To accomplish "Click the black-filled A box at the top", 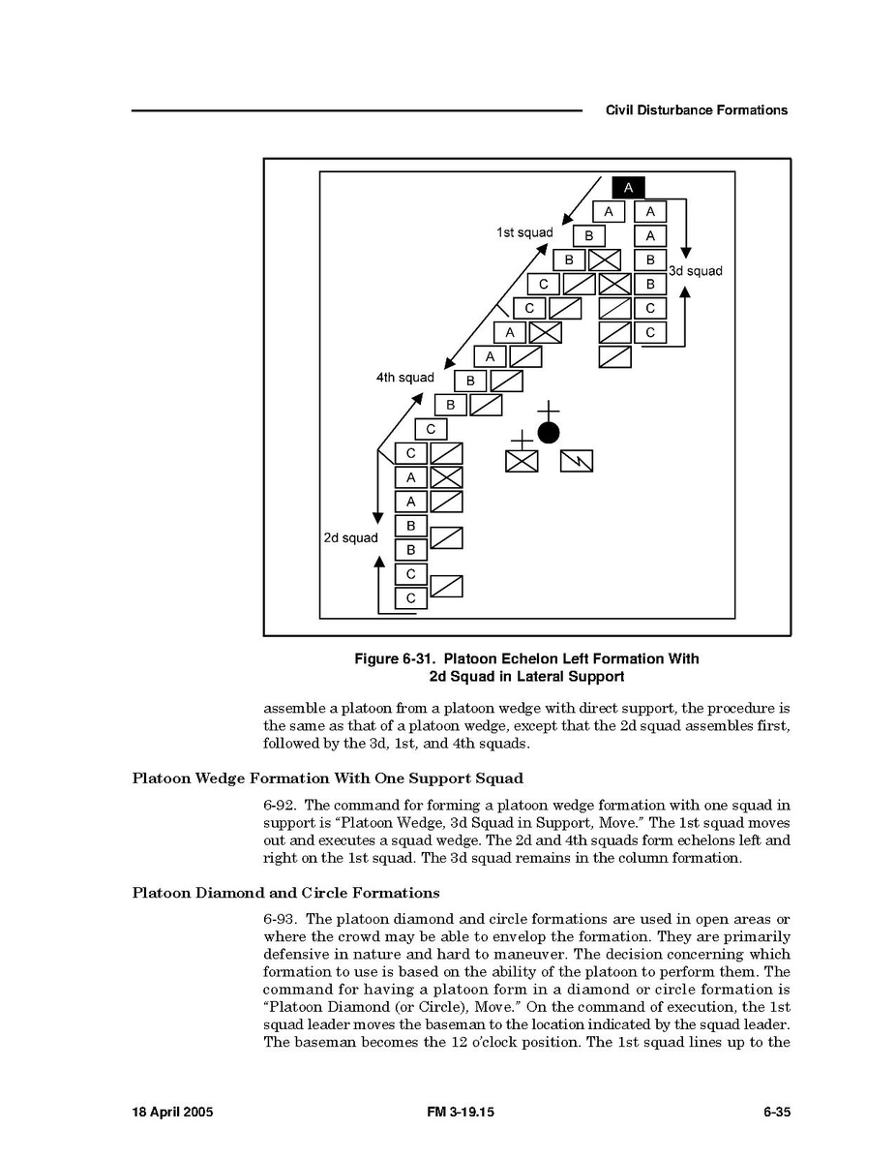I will click(628, 188).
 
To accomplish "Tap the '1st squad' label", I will click(524, 232).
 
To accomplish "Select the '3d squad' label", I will click(696, 271).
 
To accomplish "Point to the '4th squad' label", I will click(404, 378).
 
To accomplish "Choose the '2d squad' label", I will click(350, 538).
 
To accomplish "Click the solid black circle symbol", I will click(549, 432).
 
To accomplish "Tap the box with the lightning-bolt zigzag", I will click(577, 461).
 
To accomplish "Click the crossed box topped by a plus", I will click(522, 461).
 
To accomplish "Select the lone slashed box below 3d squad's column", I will click(614, 356).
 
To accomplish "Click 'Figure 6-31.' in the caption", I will click(395, 659).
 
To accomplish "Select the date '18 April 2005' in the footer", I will click(172, 1113).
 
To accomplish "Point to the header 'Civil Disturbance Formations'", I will click(696, 110).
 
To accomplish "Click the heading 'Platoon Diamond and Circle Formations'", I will click(285, 893).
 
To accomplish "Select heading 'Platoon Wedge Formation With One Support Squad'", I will click(327, 778).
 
